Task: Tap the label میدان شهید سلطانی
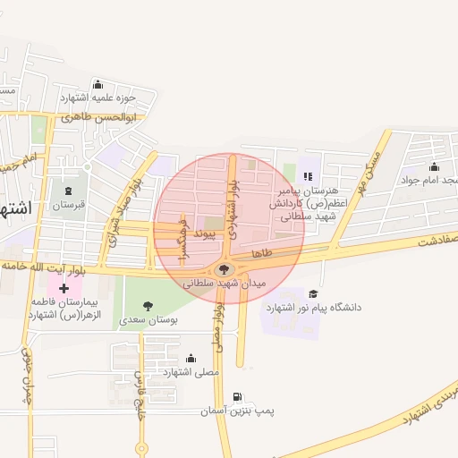225,283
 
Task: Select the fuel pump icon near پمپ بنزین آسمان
236,396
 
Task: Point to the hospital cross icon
64,288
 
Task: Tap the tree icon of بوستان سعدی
148,306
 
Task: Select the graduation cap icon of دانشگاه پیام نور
313,293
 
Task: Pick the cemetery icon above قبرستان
69,191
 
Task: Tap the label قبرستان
67,205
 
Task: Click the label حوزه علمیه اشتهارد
98,98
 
